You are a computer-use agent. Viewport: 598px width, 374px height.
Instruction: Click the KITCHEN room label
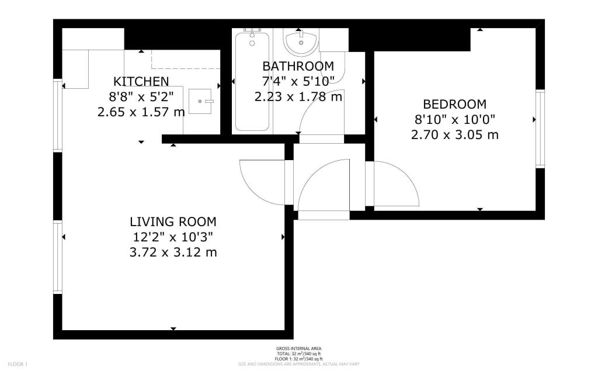pyautogui.click(x=141, y=81)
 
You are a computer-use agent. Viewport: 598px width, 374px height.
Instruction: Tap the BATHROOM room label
pyautogui.click(x=298, y=66)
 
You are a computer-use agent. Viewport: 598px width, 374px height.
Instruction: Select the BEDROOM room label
pyautogui.click(x=454, y=105)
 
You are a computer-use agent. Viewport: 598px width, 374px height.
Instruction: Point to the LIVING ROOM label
pyautogui.click(x=173, y=222)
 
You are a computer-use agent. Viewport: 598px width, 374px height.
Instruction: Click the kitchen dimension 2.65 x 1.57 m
pyautogui.click(x=141, y=111)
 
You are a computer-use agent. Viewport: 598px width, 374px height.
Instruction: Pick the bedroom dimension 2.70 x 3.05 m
pyautogui.click(x=454, y=135)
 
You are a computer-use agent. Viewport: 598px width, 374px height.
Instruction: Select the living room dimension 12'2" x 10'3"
pyautogui.click(x=173, y=237)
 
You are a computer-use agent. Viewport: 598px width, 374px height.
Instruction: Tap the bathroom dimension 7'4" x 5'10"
pyautogui.click(x=298, y=81)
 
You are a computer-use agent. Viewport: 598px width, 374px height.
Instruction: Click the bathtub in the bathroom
pyautogui.click(x=252, y=82)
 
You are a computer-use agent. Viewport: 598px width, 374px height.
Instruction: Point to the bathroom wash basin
pyautogui.click(x=301, y=41)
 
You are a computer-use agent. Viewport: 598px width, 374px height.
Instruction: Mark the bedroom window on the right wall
pyautogui.click(x=540, y=129)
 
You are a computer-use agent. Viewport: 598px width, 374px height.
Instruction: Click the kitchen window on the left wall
pyautogui.click(x=58, y=115)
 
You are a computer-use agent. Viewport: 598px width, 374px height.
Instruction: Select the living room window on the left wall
pyautogui.click(x=58, y=257)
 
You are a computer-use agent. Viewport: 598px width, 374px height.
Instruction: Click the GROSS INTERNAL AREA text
pyautogui.click(x=298, y=349)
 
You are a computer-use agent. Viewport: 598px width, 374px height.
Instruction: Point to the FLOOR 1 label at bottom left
pyautogui.click(x=18, y=365)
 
